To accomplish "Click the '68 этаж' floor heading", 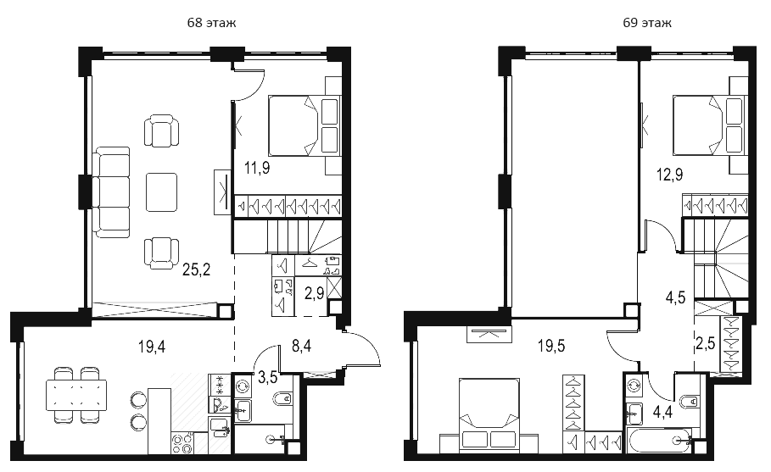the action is (211, 23).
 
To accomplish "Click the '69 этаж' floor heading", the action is (646, 23).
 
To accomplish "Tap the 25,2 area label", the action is (196, 269).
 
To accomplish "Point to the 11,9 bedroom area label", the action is (257, 169).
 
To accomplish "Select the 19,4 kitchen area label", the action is (152, 347).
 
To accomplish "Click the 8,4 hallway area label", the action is (301, 347).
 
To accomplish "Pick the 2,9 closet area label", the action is (314, 293).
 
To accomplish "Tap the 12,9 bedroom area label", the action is (670, 175).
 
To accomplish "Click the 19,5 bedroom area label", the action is (551, 346).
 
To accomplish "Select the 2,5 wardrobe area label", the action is (705, 343).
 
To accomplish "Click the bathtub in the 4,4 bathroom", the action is (659, 440).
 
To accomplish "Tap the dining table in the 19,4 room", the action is (76, 395).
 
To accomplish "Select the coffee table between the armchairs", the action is (161, 192).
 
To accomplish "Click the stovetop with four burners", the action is (182, 443).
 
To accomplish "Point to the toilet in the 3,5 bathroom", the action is (282, 399).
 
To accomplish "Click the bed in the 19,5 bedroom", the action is (489, 414).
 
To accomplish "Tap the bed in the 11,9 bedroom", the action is (304, 125).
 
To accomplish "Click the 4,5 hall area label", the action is (676, 297).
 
